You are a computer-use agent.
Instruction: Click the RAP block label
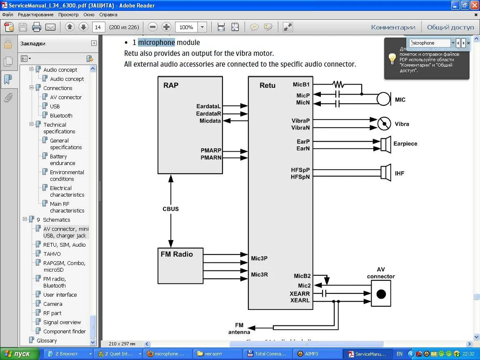(x=171, y=85)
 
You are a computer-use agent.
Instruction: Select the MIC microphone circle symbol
(x=383, y=99)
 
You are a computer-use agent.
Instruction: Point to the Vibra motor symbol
(x=384, y=124)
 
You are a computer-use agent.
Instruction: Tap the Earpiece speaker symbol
(x=385, y=144)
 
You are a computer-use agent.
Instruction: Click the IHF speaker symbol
(x=385, y=173)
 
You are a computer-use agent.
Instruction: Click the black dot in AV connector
(x=381, y=294)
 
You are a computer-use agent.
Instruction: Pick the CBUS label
(x=170, y=209)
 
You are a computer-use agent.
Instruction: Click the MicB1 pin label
(x=301, y=85)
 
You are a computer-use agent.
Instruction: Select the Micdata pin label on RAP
(x=210, y=121)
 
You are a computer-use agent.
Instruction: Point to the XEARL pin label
(x=300, y=300)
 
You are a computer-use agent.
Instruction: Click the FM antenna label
(x=239, y=328)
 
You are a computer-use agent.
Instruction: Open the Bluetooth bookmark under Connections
(x=61, y=115)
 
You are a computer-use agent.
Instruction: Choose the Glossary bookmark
(x=47, y=340)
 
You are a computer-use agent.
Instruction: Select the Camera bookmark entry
(x=52, y=304)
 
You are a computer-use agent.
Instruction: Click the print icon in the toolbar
(x=37, y=27)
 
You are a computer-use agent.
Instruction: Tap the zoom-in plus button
(x=166, y=27)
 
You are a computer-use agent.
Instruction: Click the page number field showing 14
(x=98, y=27)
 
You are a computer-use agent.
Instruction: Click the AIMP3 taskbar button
(x=308, y=354)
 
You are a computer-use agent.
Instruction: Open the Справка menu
(x=108, y=15)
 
